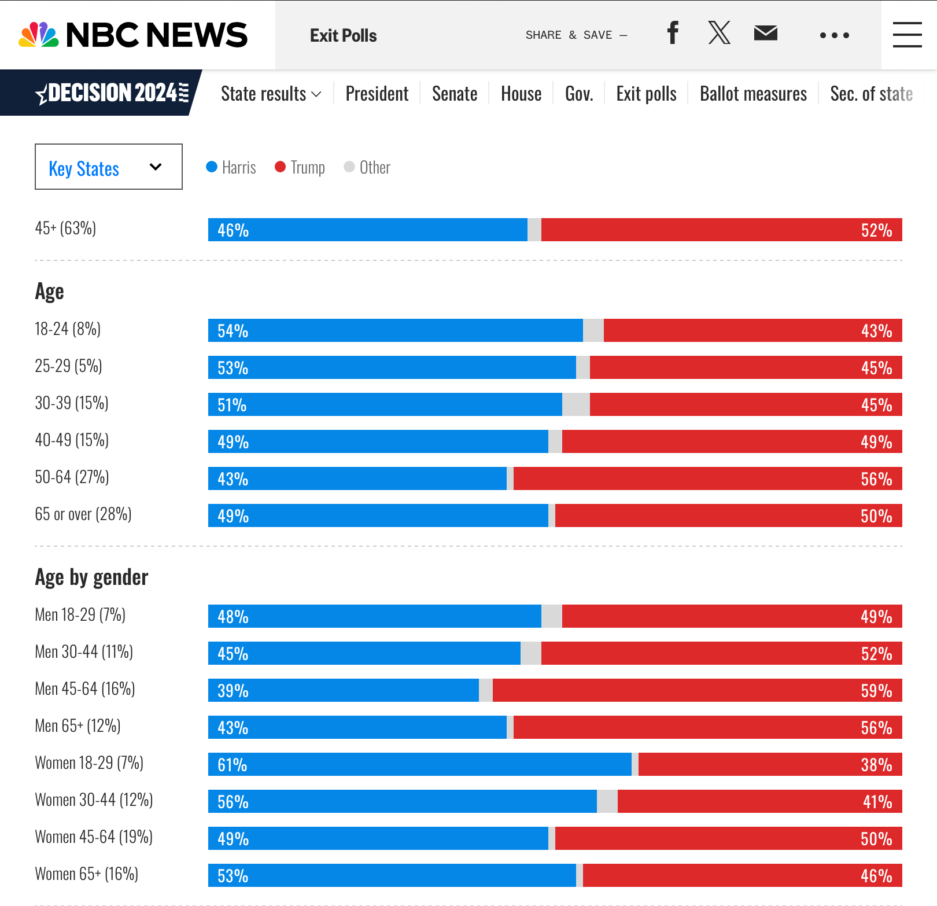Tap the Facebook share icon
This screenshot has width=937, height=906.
click(672, 33)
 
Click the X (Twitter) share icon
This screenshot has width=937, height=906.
click(719, 33)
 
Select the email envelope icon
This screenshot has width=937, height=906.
click(765, 33)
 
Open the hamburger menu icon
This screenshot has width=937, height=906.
click(907, 35)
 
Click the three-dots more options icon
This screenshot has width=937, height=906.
click(834, 35)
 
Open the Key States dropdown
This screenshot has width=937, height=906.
click(109, 167)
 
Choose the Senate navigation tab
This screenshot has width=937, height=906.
click(455, 94)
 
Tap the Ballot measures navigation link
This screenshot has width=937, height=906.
click(753, 94)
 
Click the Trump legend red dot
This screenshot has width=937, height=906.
click(281, 167)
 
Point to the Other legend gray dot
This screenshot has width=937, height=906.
click(349, 167)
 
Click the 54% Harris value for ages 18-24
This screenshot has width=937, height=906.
click(233, 331)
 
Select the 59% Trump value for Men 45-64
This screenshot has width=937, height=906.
click(876, 691)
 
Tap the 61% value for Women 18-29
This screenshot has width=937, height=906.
click(233, 765)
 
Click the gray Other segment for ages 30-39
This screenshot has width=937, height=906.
click(576, 405)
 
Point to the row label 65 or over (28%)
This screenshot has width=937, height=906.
click(83, 514)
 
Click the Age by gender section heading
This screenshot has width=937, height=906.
click(92, 577)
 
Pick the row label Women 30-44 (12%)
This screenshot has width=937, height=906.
click(94, 800)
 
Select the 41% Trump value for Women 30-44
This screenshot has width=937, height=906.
click(877, 802)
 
